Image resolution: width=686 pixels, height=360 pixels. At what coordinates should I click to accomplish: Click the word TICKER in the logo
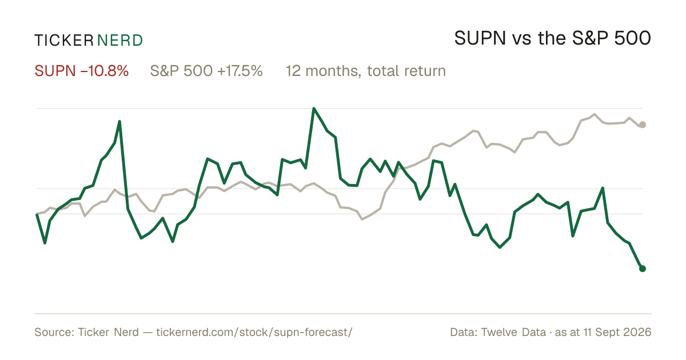64,41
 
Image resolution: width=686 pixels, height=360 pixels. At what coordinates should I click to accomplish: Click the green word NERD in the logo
120,41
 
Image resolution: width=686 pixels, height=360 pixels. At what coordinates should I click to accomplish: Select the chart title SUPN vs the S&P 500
552,38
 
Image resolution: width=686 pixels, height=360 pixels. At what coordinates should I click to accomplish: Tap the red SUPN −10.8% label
81,71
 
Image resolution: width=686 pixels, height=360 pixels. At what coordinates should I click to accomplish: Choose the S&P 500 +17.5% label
206,71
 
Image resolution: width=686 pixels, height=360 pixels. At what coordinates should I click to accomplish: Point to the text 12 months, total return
366,71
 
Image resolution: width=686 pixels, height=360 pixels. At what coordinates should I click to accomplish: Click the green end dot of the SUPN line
643,269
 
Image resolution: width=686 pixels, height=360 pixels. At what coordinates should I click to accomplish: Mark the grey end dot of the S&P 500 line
643,125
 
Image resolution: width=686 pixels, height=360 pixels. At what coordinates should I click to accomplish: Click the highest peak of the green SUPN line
314,109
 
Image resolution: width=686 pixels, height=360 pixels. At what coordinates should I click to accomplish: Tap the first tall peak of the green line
119,122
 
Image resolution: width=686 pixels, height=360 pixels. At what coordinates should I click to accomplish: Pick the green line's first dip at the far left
45,243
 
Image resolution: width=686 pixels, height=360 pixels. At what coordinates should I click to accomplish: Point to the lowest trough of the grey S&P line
362,219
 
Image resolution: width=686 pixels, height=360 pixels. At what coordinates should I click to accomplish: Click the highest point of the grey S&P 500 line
595,114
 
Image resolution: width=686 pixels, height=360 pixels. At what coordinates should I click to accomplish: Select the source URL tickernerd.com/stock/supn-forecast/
254,332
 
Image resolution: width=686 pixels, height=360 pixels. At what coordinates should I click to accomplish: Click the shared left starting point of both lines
37,214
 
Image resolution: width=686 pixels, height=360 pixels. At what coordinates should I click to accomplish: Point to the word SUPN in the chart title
480,38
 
